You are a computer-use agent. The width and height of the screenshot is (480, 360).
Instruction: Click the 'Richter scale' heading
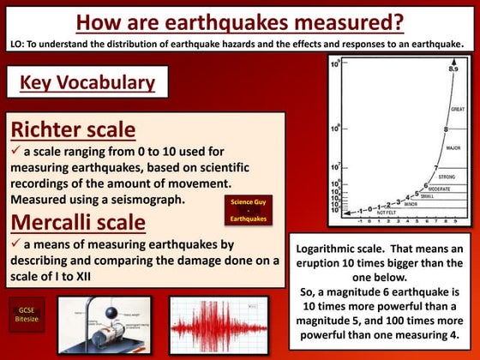pos(73,130)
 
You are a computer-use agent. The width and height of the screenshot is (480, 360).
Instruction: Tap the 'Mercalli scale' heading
pos(78,223)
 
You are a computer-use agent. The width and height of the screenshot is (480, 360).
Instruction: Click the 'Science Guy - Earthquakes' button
pos(249,209)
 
